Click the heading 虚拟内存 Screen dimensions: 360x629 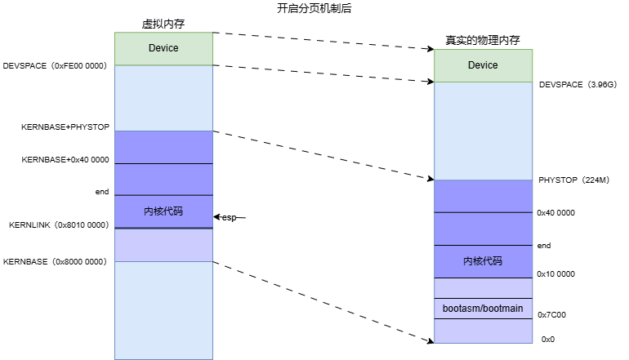click(x=163, y=24)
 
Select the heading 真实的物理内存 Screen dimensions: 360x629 click(x=483, y=40)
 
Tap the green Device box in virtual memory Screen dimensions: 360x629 click(x=163, y=48)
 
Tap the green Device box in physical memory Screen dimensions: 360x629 click(x=483, y=65)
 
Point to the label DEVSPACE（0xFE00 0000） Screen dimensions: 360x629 click(x=56, y=65)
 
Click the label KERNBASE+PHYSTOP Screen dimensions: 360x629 click(x=65, y=127)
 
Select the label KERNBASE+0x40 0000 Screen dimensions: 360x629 click(x=65, y=160)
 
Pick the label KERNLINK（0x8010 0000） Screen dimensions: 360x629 click(x=58, y=224)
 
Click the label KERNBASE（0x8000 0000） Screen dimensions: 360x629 click(x=56, y=262)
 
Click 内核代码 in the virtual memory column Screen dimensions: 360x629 click(x=163, y=211)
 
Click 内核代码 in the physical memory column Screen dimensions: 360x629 click(x=483, y=261)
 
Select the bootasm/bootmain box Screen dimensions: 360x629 click(x=483, y=309)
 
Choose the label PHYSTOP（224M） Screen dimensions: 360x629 click(x=575, y=180)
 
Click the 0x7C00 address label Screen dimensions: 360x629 click(x=553, y=314)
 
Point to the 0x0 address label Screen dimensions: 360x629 click(x=548, y=339)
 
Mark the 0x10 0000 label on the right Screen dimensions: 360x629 click(x=556, y=274)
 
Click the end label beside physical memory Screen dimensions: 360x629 click(x=544, y=245)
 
